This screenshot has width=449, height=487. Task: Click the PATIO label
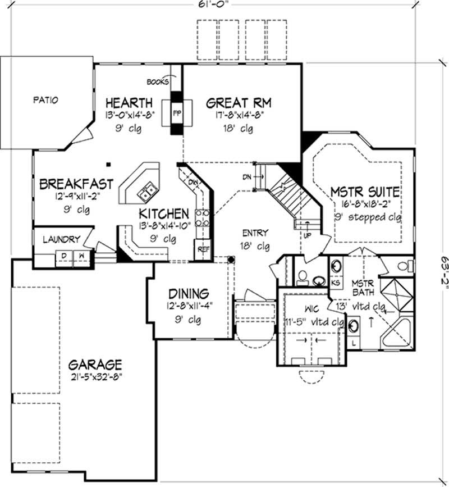(46, 101)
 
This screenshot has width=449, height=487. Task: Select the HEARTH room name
(129, 103)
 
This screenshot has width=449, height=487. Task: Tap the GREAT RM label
(239, 103)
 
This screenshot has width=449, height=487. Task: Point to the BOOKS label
(158, 82)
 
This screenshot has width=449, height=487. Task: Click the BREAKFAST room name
(76, 184)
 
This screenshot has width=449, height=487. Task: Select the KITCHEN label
(164, 213)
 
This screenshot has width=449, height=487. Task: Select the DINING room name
(189, 294)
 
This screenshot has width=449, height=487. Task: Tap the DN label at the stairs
(247, 177)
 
